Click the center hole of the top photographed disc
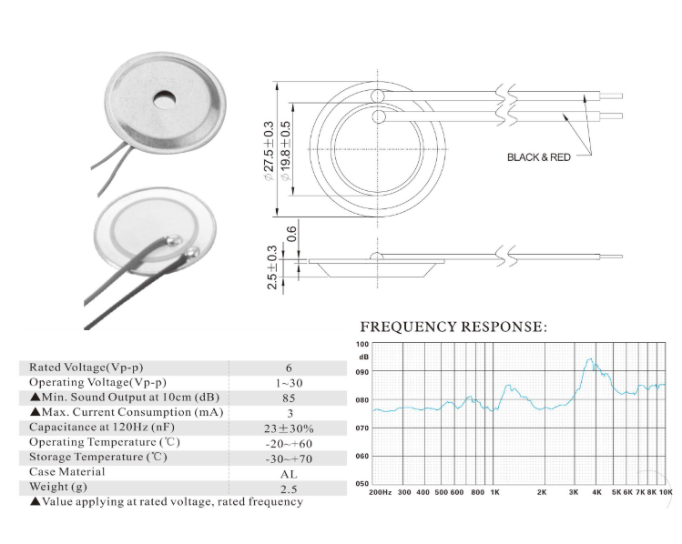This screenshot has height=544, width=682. coord(165,99)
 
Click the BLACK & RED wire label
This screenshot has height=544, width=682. coord(539,157)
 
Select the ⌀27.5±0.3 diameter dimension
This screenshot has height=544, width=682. coord(269,151)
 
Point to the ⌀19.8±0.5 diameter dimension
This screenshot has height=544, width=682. coord(285,151)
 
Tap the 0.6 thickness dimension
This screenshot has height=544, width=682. coord(292,234)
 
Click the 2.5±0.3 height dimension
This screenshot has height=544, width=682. coord(272,267)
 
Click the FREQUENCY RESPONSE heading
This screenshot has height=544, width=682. coord(453,327)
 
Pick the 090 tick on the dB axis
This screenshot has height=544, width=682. coord(362,372)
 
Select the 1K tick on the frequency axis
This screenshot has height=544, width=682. coord(495,492)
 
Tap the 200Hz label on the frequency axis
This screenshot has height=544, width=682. coord(380,492)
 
